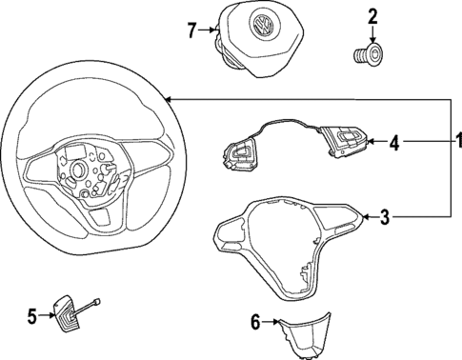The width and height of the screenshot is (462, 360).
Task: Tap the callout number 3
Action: (384, 218)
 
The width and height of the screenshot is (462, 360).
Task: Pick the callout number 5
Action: (30, 315)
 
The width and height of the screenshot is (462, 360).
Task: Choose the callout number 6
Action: (254, 322)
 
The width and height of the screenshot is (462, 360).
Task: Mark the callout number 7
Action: (192, 30)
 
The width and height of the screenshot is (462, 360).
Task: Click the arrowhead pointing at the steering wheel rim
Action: (168, 98)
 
